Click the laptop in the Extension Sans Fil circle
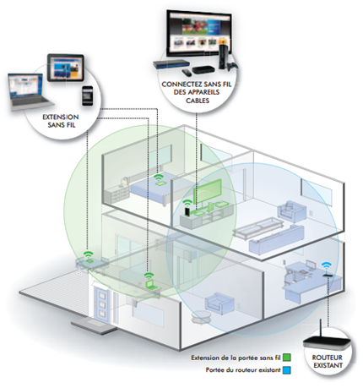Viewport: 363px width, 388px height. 30,92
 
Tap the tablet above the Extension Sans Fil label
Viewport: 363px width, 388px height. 66,68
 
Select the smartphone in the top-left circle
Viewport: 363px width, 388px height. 88,96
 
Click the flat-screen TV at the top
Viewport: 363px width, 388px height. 199,33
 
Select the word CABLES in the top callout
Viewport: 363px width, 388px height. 198,101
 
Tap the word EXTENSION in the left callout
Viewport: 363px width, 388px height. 61,117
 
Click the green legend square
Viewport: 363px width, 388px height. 287,358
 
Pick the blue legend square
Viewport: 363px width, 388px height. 287,370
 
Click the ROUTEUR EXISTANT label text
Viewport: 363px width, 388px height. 328,362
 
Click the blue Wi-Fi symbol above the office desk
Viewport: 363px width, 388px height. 327,266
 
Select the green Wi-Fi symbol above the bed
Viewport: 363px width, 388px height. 159,178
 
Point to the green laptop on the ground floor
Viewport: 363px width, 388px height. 150,284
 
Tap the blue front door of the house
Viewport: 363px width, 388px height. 102,304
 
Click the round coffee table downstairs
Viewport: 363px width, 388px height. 200,317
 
